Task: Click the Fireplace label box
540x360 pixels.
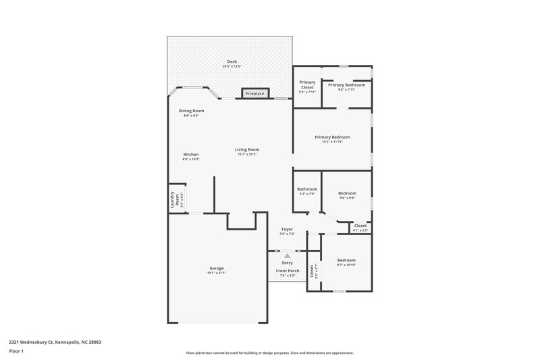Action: click(254, 93)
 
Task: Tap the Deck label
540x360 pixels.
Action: click(232, 62)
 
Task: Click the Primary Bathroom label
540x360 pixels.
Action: click(346, 85)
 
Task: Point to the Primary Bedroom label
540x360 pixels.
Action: click(332, 137)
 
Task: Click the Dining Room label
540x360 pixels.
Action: click(191, 111)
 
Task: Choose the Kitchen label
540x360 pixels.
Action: click(191, 154)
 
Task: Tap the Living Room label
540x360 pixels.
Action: click(247, 150)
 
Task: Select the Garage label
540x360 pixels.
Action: click(216, 268)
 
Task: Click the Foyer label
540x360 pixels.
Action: click(287, 230)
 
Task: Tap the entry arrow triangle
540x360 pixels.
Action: click(287, 255)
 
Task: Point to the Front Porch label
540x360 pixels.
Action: click(287, 271)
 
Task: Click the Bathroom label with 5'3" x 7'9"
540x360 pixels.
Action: click(307, 189)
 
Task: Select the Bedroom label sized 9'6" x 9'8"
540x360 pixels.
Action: click(347, 193)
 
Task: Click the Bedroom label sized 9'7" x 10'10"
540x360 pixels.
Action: click(346, 260)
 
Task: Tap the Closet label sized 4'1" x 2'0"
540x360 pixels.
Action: click(360, 226)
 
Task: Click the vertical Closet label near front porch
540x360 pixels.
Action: click(312, 271)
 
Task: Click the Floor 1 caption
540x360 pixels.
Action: click(16, 351)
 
